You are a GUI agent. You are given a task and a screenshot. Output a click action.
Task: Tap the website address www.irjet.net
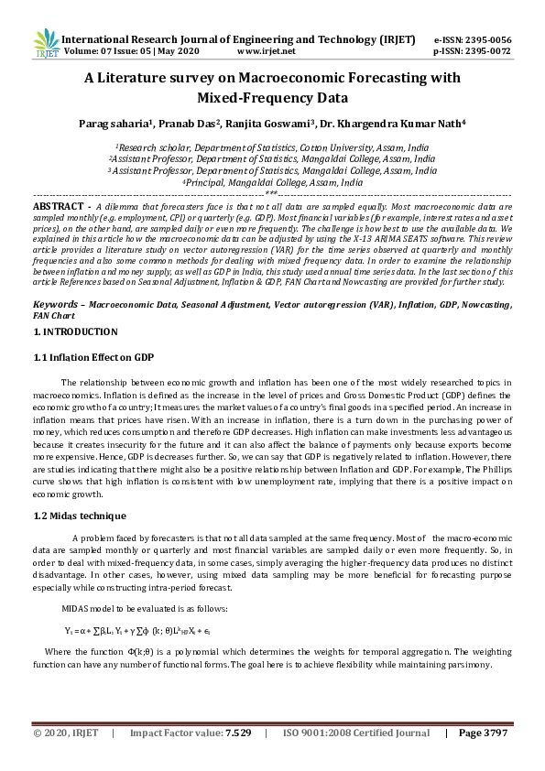266,53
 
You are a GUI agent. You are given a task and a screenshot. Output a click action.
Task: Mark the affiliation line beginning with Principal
272,182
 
